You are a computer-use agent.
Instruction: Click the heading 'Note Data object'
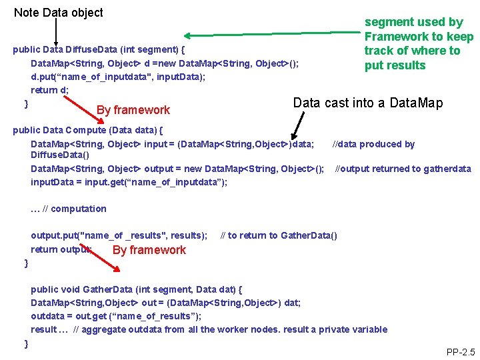59,13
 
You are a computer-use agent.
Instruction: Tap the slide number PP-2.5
460,351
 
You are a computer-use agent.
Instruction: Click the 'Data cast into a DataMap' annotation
367,103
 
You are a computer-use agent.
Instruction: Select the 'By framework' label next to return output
149,250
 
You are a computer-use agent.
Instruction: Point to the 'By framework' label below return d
133,110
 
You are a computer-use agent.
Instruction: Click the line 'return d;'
50,90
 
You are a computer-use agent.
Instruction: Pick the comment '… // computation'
69,209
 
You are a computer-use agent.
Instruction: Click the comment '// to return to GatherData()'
279,235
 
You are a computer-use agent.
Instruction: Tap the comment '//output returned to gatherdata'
403,169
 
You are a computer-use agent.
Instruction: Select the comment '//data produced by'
373,144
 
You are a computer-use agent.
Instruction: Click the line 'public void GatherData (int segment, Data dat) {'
137,289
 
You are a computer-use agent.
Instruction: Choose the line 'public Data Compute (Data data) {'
88,130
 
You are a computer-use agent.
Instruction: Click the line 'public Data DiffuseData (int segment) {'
99,49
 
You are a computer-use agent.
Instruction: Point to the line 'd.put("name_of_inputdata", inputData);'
118,77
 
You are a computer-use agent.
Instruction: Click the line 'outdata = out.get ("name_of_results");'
116,316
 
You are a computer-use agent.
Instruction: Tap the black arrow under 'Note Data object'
56,32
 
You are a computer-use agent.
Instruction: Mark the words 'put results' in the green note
395,65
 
